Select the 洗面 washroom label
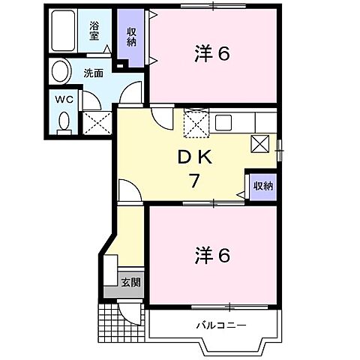(93, 73)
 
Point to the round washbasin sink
(58, 72)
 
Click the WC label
(61, 99)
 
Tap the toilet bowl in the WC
(63, 120)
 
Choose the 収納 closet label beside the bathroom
(131, 37)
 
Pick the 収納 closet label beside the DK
(262, 186)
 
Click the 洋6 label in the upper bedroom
(212, 54)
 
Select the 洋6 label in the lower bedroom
(212, 256)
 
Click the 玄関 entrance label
(130, 283)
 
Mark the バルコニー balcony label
(221, 325)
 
